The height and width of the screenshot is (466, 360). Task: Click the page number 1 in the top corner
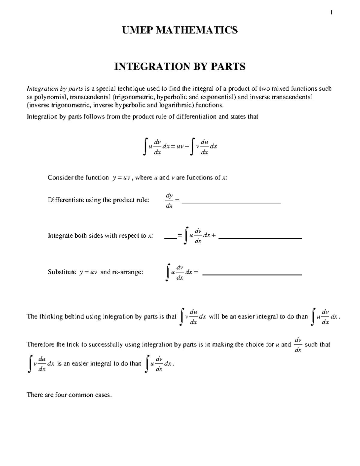[x=331, y=12]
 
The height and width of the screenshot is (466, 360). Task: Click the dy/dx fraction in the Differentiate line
[x=169, y=200]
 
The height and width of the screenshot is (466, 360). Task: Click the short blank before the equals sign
[x=170, y=238]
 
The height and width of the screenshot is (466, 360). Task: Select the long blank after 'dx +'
[x=260, y=238]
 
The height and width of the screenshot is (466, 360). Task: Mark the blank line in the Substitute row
[x=252, y=274]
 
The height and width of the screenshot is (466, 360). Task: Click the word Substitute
[x=62, y=272]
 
